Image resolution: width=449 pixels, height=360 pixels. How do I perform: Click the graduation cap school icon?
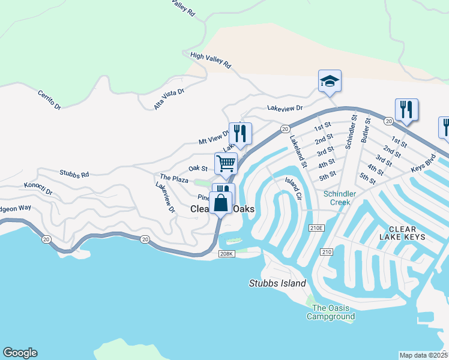(330, 81)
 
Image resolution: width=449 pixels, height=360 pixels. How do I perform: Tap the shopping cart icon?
(226, 163)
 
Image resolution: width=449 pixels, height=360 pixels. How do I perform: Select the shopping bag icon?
(220, 202)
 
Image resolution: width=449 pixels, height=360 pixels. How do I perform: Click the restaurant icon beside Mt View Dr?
(240, 133)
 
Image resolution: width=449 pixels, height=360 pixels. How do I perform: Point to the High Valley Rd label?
(210, 60)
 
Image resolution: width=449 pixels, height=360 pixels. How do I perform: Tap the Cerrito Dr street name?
(49, 100)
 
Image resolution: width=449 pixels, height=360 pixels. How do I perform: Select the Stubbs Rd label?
(74, 174)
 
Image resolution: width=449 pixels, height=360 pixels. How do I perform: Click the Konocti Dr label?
(38, 188)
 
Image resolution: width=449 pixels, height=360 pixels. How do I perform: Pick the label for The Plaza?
(174, 178)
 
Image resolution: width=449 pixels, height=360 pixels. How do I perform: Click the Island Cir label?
(293, 188)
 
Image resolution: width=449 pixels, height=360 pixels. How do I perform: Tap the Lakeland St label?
(298, 151)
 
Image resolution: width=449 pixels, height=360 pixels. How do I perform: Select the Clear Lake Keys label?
(407, 233)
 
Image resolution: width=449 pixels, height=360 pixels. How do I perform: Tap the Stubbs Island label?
(277, 283)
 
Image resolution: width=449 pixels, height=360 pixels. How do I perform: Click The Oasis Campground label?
(331, 312)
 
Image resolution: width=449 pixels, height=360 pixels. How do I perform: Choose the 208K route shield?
(226, 254)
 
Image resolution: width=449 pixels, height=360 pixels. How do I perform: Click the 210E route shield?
(316, 228)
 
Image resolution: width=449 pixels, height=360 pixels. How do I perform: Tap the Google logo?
(20, 353)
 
